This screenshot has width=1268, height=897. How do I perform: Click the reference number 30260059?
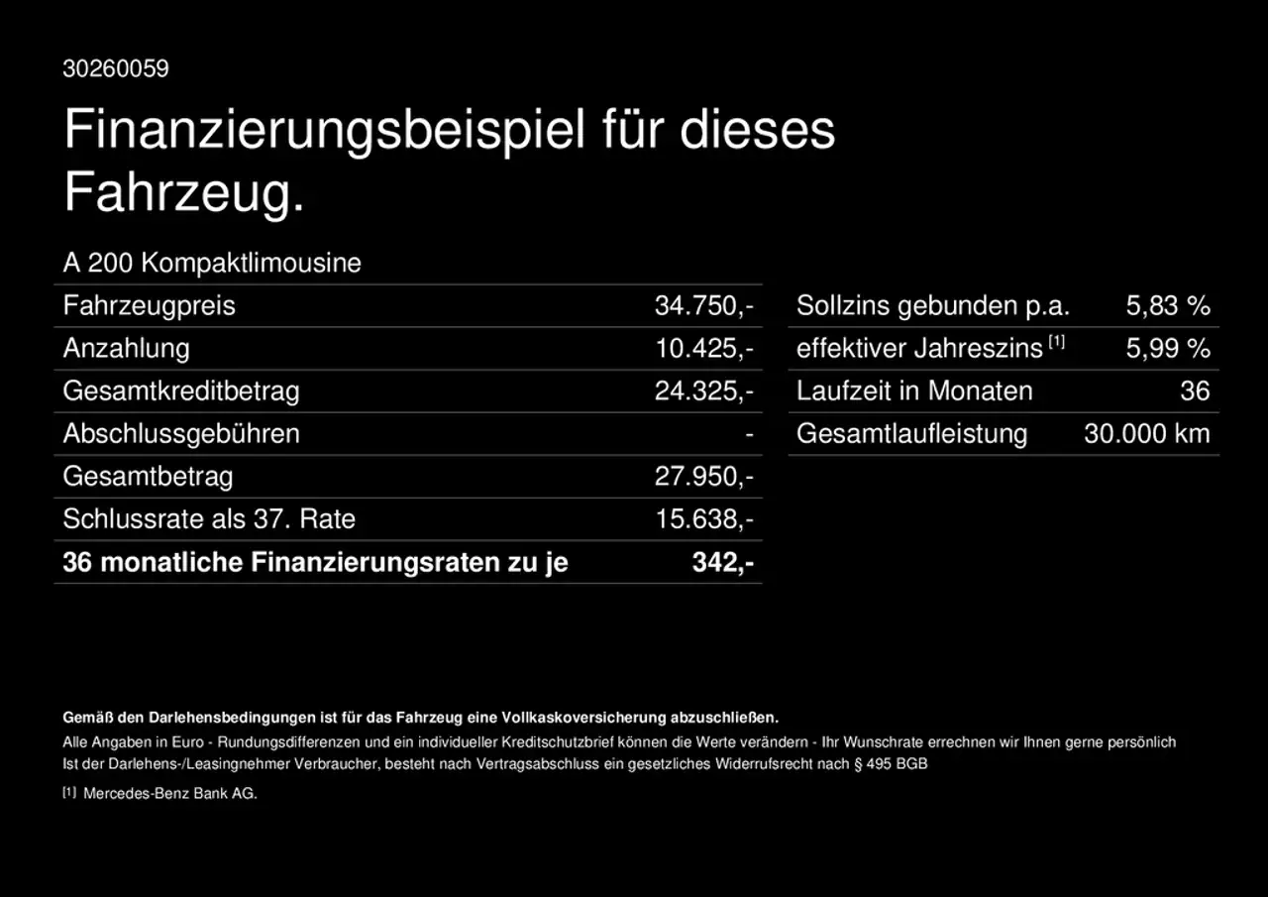(116, 68)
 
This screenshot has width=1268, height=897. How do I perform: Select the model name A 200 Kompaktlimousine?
(212, 263)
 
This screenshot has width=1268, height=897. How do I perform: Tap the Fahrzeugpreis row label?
(149, 305)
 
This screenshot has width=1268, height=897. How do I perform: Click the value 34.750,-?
(703, 305)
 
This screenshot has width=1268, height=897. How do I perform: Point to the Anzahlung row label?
(126, 348)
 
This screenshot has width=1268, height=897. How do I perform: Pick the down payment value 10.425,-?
(703, 348)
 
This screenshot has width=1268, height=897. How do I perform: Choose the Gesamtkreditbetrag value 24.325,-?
(703, 391)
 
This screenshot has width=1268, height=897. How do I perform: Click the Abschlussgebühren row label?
(181, 433)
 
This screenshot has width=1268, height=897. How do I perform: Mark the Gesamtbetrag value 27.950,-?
(703, 476)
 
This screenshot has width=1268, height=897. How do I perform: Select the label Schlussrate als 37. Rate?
(209, 518)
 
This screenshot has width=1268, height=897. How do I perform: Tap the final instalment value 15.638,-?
(703, 518)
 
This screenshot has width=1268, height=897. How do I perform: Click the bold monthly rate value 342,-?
(722, 562)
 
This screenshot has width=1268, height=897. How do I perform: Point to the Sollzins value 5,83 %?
(1168, 305)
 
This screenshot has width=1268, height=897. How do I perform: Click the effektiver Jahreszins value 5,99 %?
(1168, 348)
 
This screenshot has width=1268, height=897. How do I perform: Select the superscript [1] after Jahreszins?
(1056, 342)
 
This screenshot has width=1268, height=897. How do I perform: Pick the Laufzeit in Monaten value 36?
(1195, 391)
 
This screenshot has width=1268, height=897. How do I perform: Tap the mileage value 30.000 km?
(1147, 433)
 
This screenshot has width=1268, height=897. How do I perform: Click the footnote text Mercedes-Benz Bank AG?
(170, 793)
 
